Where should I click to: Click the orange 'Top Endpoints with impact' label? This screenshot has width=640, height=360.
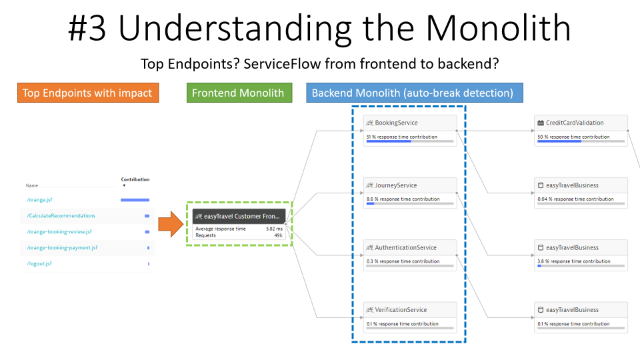pyautogui.click(x=87, y=93)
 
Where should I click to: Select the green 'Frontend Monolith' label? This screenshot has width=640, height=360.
pyautogui.click(x=239, y=93)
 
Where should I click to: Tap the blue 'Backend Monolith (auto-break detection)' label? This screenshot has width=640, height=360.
pyautogui.click(x=414, y=93)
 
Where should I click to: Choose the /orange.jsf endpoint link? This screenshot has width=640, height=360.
pyautogui.click(x=39, y=199)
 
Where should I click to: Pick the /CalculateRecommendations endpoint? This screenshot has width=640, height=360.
pyautogui.click(x=61, y=215)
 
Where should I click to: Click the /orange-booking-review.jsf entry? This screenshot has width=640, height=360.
pyautogui.click(x=59, y=231)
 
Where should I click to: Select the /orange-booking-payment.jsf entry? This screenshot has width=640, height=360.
pyautogui.click(x=62, y=247)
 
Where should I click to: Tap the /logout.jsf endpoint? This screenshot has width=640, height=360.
pyautogui.click(x=39, y=263)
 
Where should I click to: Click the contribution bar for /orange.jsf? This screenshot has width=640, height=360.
pyautogui.click(x=135, y=199)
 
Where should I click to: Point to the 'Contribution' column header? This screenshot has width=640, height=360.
pyautogui.click(x=135, y=179)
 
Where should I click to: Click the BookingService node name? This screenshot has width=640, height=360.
pyautogui.click(x=397, y=123)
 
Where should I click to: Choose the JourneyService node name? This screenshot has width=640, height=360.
pyautogui.click(x=396, y=185)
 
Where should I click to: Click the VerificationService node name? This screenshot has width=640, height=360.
pyautogui.click(x=401, y=310)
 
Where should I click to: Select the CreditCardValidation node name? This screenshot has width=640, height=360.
pyautogui.click(x=575, y=123)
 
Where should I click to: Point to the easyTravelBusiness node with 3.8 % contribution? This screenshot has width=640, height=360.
pyautogui.click(x=572, y=247)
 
